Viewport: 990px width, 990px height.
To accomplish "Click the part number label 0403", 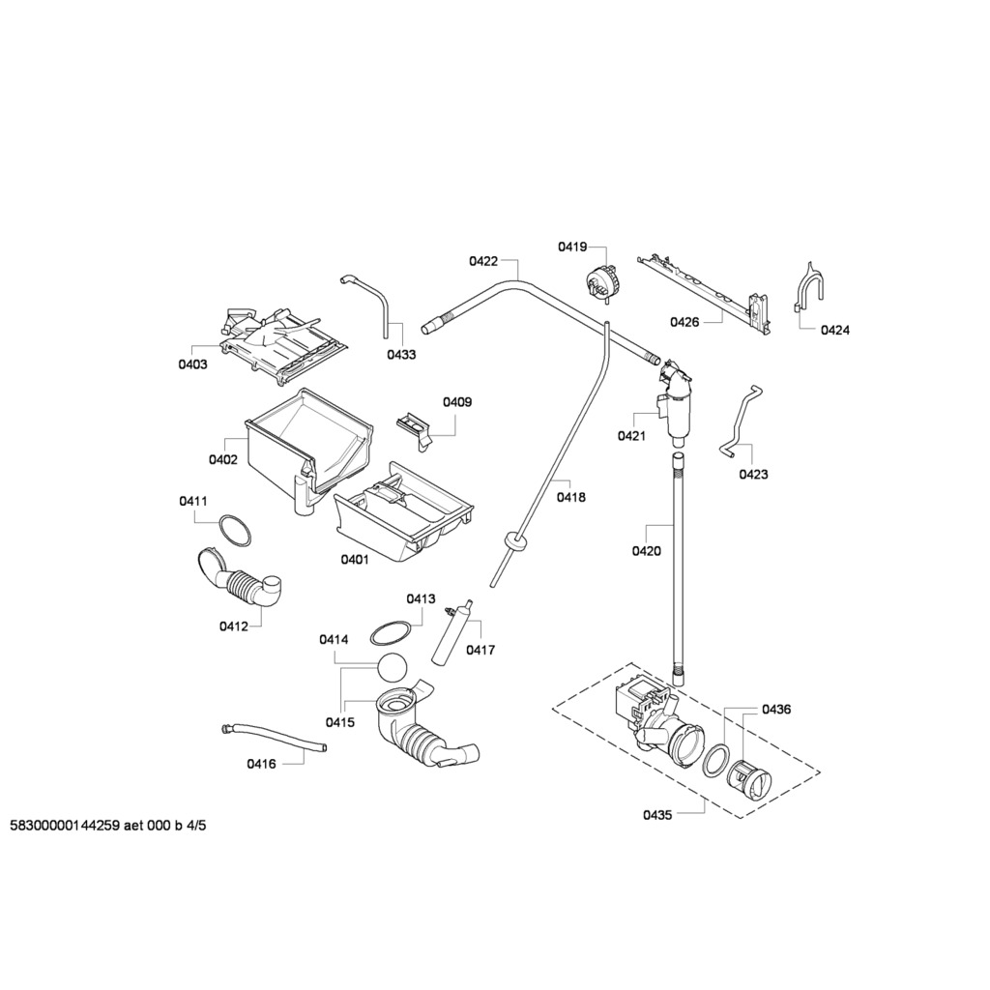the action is (192, 364).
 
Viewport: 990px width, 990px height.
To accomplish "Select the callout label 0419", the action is (572, 247).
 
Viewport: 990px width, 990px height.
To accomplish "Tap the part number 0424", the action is (834, 330).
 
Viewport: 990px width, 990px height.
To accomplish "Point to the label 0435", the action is (657, 815).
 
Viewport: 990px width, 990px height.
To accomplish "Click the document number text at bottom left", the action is (108, 826).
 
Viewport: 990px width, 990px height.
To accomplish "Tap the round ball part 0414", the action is (392, 668).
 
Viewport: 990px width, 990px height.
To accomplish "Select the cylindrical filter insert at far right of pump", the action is (749, 777).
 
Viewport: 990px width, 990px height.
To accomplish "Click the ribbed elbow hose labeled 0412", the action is (240, 584).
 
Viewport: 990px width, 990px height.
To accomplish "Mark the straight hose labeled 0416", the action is (274, 738).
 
